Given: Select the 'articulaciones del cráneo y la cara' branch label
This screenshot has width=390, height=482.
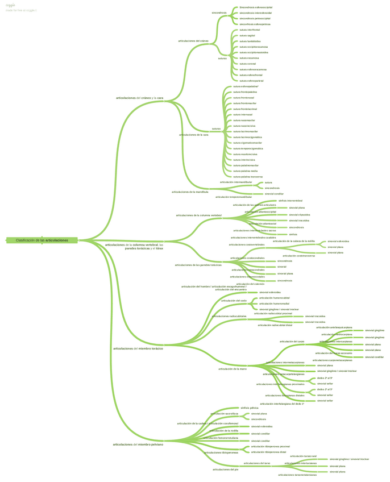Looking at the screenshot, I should (x=139, y=98).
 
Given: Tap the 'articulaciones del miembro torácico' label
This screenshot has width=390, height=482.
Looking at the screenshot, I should (x=138, y=348).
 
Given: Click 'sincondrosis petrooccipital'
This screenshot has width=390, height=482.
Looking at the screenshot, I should (x=255, y=18).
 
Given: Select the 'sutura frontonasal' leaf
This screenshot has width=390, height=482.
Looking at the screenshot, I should (x=244, y=97).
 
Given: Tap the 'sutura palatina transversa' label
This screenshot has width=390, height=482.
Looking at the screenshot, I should (x=248, y=176).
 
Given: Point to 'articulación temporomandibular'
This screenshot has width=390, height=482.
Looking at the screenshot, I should (x=233, y=197).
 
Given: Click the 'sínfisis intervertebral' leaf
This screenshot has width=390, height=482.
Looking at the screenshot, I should (x=290, y=201).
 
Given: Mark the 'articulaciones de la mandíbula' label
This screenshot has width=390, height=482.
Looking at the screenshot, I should (x=190, y=192).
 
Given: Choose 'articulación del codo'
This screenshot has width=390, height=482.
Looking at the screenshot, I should (x=234, y=300).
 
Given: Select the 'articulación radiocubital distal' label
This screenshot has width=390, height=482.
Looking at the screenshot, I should (x=275, y=325).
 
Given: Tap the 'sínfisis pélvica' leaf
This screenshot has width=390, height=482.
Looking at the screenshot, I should (x=250, y=408).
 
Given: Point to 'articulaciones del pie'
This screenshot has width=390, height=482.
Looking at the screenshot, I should (x=225, y=469).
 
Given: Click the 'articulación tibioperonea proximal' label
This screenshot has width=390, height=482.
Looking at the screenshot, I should (x=270, y=446).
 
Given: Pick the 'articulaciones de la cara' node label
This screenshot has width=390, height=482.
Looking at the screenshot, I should (x=193, y=135).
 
